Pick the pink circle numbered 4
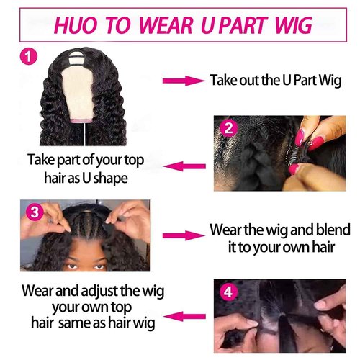coord(230,294)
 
